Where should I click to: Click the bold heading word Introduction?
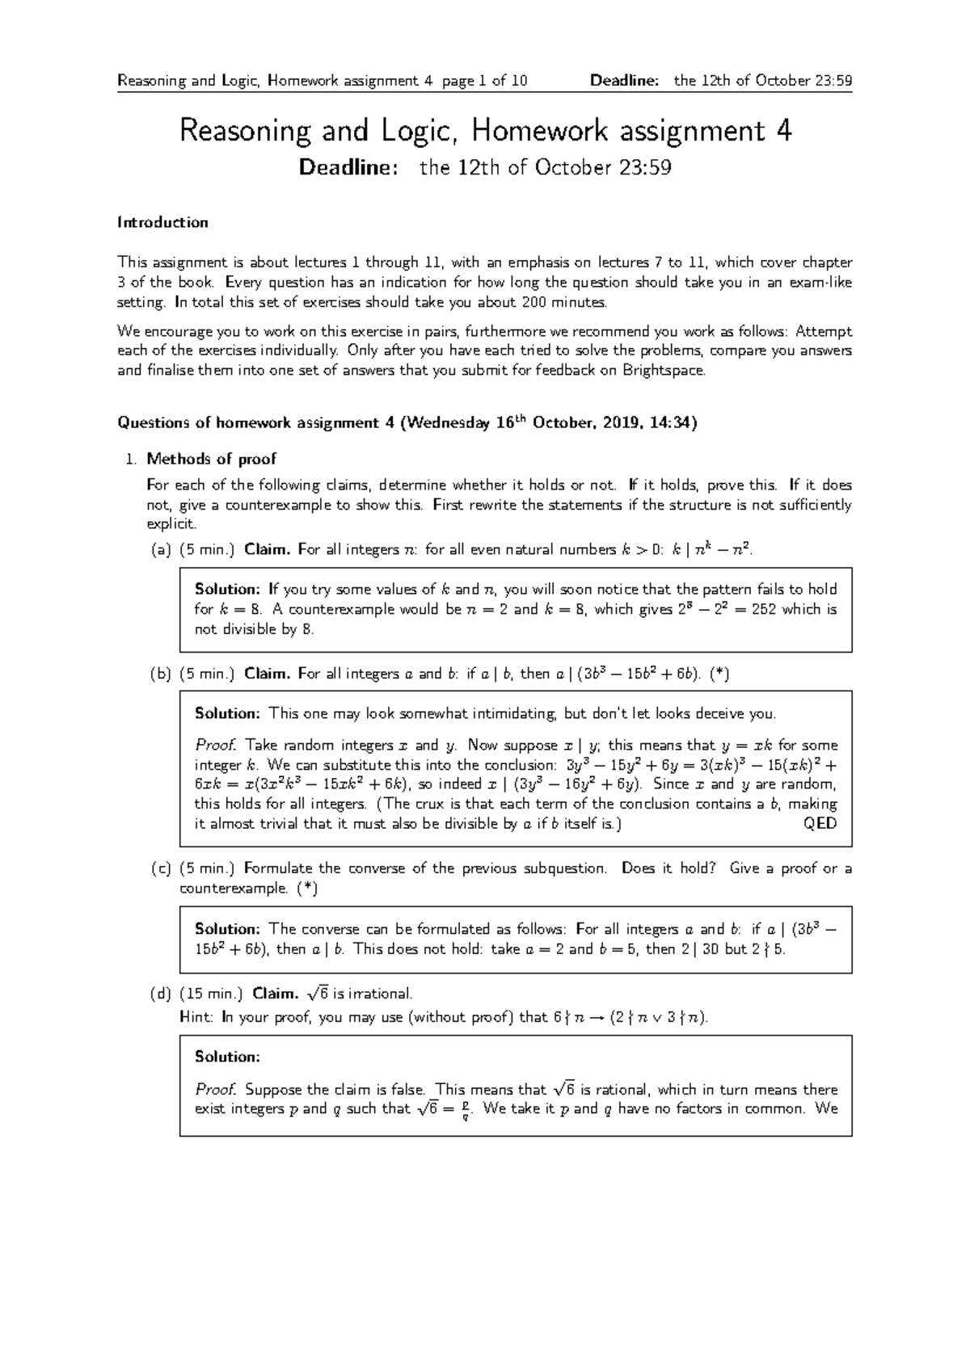tap(162, 222)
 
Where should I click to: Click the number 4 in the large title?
tap(782, 131)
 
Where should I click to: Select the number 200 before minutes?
tap(531, 302)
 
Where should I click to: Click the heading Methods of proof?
tap(211, 459)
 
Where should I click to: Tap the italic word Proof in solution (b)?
tap(216, 745)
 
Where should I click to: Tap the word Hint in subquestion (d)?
tap(196, 1017)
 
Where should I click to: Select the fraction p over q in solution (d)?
tap(465, 1111)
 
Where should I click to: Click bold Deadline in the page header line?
tap(625, 80)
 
